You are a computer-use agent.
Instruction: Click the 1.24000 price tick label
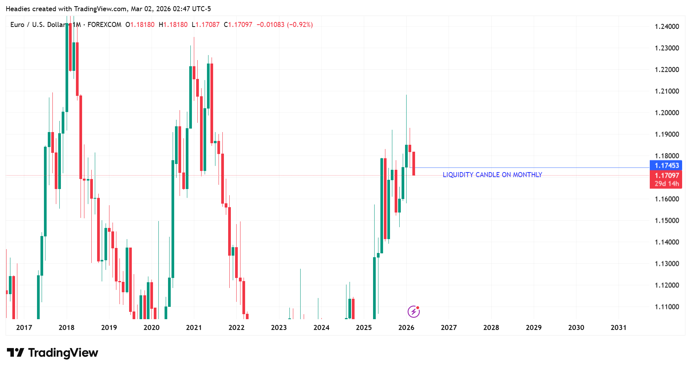(667, 27)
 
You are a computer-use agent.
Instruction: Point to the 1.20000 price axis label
(667, 113)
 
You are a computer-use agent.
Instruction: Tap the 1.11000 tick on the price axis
(667, 307)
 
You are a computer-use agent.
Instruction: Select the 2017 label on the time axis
(24, 328)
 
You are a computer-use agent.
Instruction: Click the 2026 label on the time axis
(406, 328)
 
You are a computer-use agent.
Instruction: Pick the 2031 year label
(619, 328)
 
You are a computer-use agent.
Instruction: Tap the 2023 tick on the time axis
(279, 328)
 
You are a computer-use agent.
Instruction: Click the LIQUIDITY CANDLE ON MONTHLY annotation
(492, 175)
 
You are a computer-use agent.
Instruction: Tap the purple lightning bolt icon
(414, 311)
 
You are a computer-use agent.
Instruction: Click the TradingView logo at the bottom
(53, 353)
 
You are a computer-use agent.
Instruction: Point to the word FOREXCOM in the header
(104, 25)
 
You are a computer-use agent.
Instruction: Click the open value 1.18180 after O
(142, 25)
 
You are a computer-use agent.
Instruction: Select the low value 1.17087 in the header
(207, 25)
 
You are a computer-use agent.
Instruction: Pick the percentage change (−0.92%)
(300, 25)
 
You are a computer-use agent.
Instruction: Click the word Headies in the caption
(18, 9)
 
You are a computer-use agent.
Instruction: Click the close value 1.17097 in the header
(240, 25)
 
